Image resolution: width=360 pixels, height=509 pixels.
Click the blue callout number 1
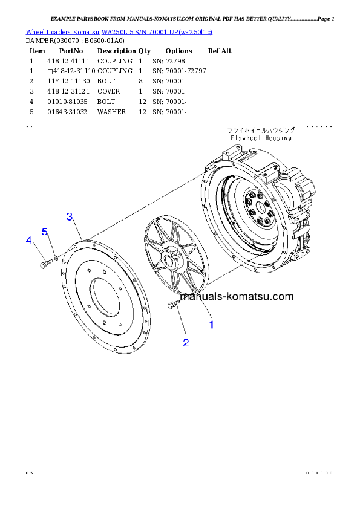click(x=211, y=325)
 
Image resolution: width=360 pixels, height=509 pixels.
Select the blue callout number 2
click(x=186, y=343)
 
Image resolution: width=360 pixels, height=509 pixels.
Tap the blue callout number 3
click(x=70, y=216)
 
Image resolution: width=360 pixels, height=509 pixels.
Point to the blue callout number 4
click(x=28, y=241)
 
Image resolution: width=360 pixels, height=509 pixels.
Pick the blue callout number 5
click(x=44, y=232)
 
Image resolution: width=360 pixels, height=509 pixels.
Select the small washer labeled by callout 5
click(x=56, y=258)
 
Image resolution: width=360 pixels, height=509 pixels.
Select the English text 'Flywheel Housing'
click(x=261, y=138)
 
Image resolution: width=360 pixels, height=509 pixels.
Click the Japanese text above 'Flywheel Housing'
click(x=261, y=130)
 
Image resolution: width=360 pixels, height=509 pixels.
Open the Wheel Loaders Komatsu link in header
click(x=119, y=31)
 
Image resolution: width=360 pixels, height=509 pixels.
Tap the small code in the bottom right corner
click(x=319, y=473)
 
